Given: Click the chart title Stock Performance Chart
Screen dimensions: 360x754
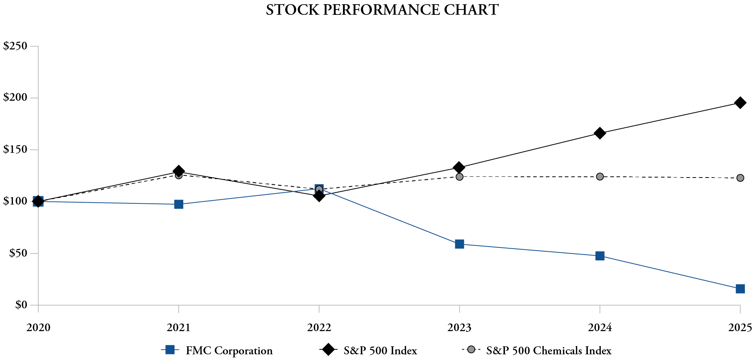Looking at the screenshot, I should (382, 10).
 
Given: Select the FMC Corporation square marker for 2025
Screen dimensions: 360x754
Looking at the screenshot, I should (740, 289).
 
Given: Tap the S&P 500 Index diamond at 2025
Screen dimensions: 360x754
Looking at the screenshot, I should (740, 103).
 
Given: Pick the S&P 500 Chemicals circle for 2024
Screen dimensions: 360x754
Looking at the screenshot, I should (600, 177).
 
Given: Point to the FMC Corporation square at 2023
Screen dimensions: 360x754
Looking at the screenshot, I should (459, 244).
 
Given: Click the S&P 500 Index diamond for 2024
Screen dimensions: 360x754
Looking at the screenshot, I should (600, 133).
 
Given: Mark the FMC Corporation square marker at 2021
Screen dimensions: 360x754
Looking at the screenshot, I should (179, 205).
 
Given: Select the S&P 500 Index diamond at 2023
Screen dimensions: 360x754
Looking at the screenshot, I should (459, 168).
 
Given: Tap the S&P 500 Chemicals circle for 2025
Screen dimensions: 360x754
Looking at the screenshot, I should (740, 178).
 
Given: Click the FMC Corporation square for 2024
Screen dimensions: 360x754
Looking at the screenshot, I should (600, 256).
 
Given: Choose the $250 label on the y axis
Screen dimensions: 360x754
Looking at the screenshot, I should (15, 46).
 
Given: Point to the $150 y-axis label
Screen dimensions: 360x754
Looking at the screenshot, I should (15, 150).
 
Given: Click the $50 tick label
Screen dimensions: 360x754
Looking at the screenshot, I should (18, 253).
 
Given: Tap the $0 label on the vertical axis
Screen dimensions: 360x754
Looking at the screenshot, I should (21, 305).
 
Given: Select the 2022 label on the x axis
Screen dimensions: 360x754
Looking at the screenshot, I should (319, 327).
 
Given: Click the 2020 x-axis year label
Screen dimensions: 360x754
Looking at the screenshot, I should (38, 327).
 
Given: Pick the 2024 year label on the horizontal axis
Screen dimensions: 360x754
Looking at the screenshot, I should (600, 327).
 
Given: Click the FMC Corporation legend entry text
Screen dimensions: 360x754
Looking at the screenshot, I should (229, 350).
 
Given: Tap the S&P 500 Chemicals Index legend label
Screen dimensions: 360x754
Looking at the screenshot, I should (549, 350).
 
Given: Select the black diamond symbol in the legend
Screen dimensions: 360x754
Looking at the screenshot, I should (328, 350).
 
